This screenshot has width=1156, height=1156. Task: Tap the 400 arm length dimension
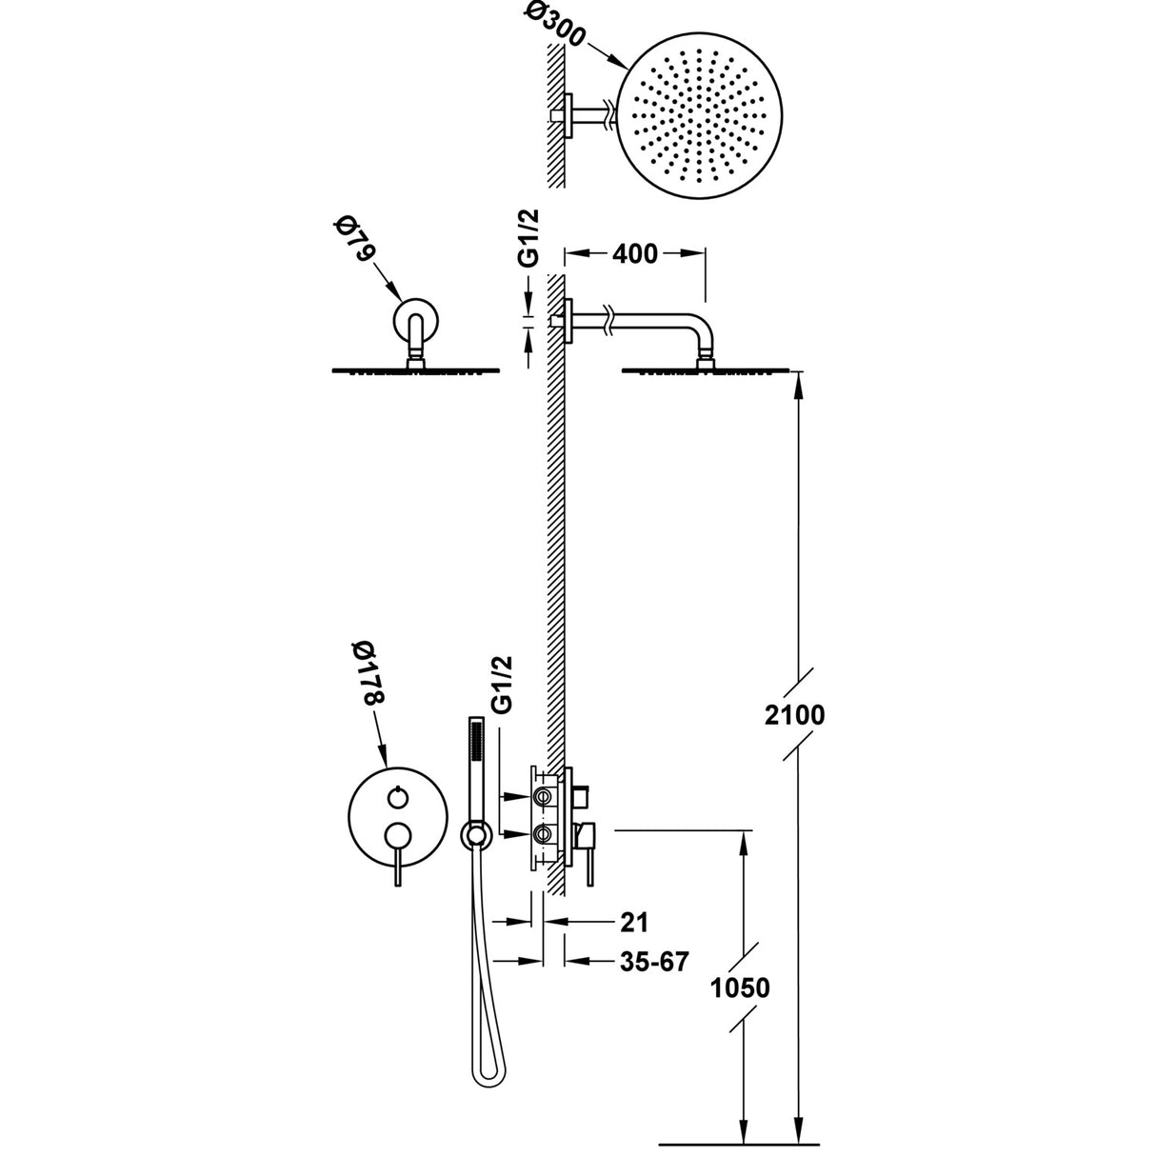[x=635, y=253]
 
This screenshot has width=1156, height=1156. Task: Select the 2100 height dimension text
[x=794, y=713]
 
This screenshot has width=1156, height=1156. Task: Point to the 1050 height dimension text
[x=738, y=987]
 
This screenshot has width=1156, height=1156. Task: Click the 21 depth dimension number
[x=633, y=922]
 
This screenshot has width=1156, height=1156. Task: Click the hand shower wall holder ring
[x=475, y=835]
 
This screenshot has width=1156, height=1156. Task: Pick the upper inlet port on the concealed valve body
[x=543, y=794]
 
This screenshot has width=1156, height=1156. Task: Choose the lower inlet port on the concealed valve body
[x=543, y=834]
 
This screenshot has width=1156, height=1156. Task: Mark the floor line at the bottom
[x=739, y=1143]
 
